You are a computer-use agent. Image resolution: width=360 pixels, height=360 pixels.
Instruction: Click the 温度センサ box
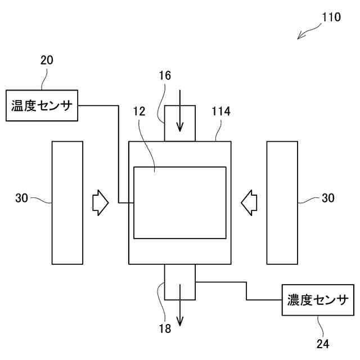(42, 105)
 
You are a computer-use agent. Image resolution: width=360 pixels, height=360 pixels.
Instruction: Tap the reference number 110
(331, 17)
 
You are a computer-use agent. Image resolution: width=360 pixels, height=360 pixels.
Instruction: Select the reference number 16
(165, 75)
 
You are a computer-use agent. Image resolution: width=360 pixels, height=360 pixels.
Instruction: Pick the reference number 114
(220, 111)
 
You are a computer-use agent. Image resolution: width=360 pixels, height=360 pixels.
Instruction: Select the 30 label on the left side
(22, 198)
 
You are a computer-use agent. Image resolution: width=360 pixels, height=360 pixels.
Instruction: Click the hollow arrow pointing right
(100, 202)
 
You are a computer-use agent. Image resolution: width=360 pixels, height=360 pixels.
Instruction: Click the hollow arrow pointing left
(249, 202)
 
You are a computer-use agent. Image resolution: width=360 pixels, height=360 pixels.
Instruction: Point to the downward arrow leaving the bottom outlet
(180, 307)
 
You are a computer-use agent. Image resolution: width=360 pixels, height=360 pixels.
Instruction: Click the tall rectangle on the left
(67, 202)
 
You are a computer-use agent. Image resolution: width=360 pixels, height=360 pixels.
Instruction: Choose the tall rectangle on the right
(282, 202)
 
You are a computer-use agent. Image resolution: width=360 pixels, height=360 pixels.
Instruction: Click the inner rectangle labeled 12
(180, 202)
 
